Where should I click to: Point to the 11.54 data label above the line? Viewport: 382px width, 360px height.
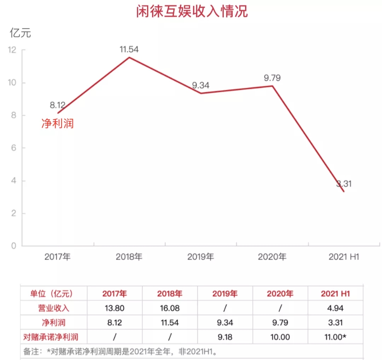click(x=129, y=49)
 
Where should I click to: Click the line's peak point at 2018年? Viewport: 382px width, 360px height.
click(x=129, y=57)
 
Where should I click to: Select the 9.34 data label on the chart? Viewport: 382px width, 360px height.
click(x=201, y=85)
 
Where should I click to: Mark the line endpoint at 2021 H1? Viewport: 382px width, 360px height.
click(x=343, y=191)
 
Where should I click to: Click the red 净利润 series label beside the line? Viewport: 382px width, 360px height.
click(x=58, y=124)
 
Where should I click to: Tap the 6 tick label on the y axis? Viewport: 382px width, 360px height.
click(x=13, y=148)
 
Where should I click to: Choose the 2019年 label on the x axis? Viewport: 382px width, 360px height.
click(x=201, y=257)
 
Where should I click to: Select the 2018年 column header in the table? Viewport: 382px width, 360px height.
click(x=170, y=294)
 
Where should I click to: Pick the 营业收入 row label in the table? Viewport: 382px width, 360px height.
click(x=54, y=308)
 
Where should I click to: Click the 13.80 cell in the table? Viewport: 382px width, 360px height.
click(x=115, y=308)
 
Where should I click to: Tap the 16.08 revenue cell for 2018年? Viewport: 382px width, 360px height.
click(x=170, y=308)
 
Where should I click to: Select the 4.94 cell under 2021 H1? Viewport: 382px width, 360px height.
click(x=335, y=308)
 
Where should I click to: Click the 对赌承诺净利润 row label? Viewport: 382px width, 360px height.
click(x=54, y=337)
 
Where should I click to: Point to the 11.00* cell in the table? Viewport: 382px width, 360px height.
click(x=335, y=337)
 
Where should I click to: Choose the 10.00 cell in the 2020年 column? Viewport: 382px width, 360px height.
click(x=280, y=337)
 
